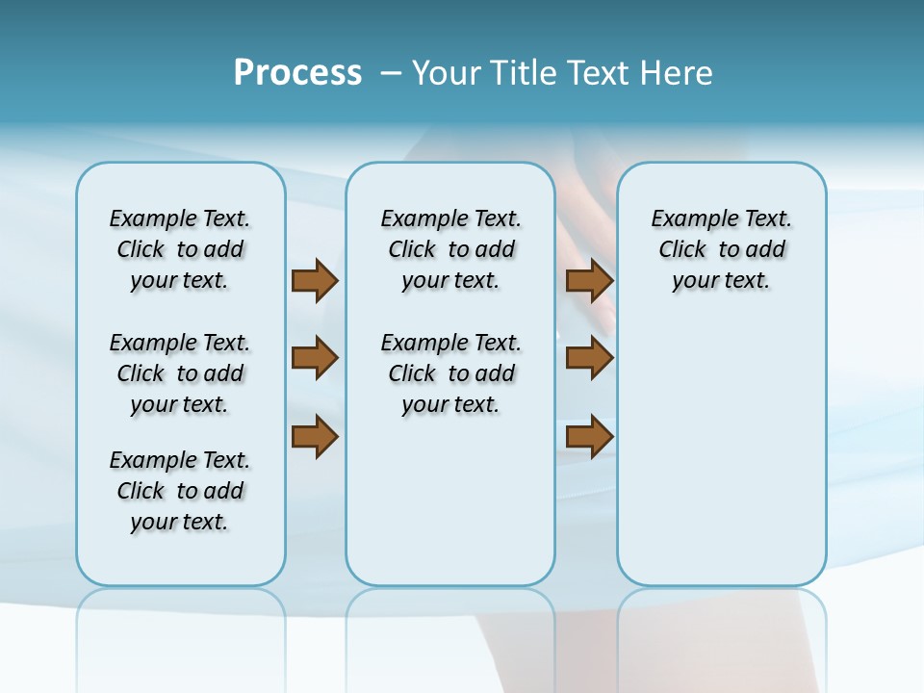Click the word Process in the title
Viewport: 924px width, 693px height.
[297, 73]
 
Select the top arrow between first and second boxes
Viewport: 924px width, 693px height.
[315, 280]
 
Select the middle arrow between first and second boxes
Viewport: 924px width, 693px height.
[315, 358]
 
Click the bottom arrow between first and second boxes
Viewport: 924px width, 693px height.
[315, 437]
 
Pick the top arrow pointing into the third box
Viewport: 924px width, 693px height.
[589, 280]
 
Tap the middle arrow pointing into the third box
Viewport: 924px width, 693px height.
[589, 358]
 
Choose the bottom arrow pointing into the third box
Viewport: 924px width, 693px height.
[589, 437]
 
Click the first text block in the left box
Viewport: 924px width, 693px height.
[180, 249]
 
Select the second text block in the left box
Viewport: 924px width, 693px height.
[180, 373]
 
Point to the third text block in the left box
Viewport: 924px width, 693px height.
[180, 491]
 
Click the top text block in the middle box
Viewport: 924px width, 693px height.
[450, 249]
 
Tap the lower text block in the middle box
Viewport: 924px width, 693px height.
[450, 373]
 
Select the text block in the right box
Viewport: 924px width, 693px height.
[721, 249]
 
